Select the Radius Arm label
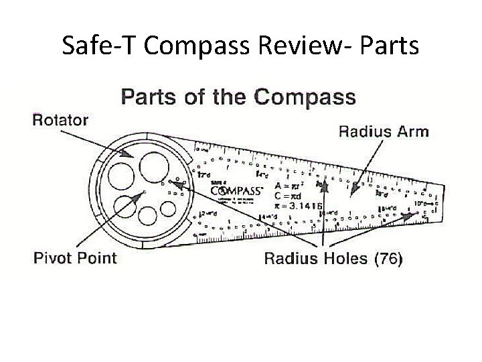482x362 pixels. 383,131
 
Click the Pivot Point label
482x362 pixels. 75,257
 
